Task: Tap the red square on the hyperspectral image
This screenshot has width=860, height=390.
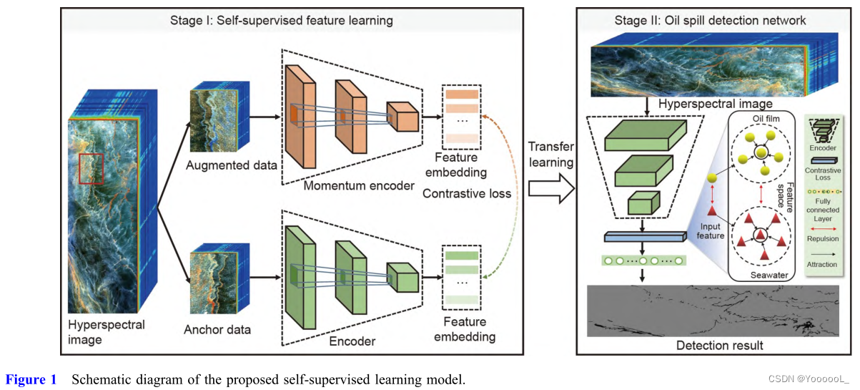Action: pyautogui.click(x=92, y=169)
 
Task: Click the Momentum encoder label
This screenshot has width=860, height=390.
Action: pyautogui.click(x=358, y=186)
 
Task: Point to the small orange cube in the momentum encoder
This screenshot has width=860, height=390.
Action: pyautogui.click(x=401, y=117)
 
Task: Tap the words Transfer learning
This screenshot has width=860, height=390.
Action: pyautogui.click(x=550, y=154)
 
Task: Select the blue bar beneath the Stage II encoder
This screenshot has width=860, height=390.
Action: pyautogui.click(x=644, y=237)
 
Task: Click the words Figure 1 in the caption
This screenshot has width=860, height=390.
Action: pyautogui.click(x=31, y=379)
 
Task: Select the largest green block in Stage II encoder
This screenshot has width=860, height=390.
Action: pyautogui.click(x=643, y=135)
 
